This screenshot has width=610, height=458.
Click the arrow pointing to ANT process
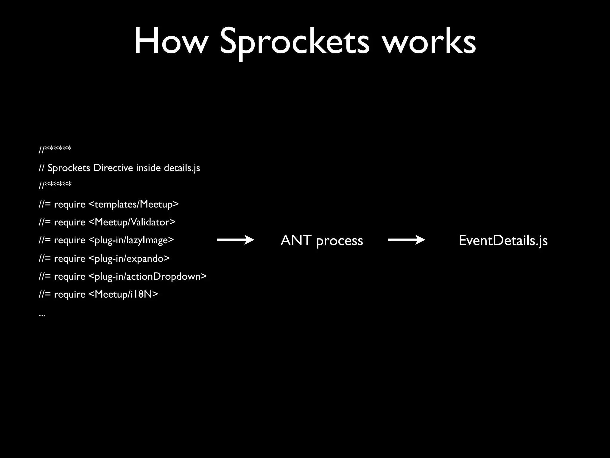(235, 240)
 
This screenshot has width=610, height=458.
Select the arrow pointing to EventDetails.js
(406, 240)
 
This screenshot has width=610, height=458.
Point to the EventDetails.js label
(503, 240)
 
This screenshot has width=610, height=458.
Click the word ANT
(296, 240)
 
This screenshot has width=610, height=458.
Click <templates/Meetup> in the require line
(134, 204)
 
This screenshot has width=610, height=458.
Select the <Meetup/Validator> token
(132, 222)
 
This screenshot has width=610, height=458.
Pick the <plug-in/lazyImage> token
(131, 240)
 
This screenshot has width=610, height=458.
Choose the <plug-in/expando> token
(129, 258)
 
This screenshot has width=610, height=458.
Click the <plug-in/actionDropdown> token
(148, 276)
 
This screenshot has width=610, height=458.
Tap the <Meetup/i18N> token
(124, 294)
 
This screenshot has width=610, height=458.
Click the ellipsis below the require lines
(42, 314)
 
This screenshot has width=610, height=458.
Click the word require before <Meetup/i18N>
(70, 295)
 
